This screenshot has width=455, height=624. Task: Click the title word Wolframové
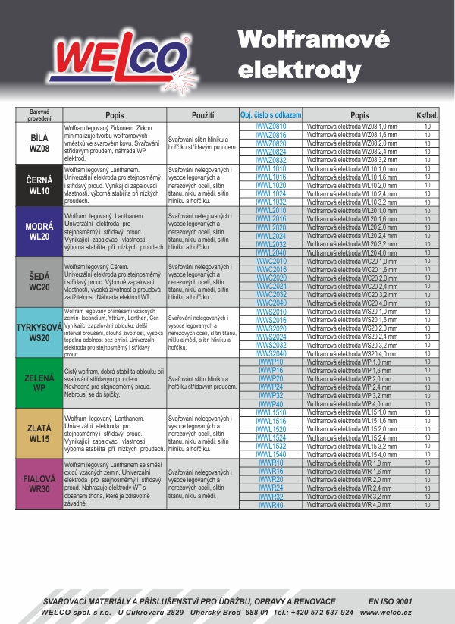(313, 38)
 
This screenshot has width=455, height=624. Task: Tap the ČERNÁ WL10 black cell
(39, 186)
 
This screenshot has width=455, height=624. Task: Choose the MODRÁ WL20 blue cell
(39, 231)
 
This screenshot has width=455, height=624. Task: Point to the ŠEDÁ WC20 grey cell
(39, 281)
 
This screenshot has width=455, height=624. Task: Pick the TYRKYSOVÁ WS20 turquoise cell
(39, 332)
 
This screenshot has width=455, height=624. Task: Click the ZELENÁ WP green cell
(39, 383)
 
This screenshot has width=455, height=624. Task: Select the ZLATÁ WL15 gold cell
(39, 434)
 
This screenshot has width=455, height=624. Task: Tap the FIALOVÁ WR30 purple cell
(39, 484)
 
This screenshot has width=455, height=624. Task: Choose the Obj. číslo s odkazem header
(271, 114)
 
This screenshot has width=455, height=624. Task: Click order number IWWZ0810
(271, 126)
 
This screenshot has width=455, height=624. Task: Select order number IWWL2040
(271, 252)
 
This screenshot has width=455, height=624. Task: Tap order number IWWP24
(271, 387)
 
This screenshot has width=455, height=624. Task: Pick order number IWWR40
(271, 505)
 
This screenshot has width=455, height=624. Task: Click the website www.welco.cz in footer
(386, 612)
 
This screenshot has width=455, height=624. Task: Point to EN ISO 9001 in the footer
(390, 600)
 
